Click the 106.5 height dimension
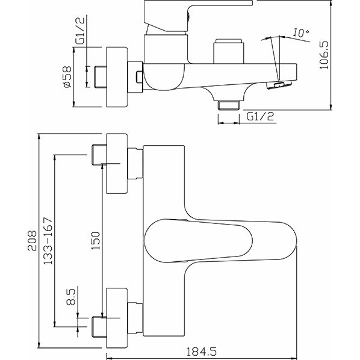tap(324, 55)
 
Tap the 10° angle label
tap(301, 33)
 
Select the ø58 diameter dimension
tap(67, 77)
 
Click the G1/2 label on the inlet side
tap(80, 30)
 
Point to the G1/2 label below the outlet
tap(260, 117)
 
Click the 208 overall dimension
tap(32, 241)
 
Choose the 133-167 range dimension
tap(48, 241)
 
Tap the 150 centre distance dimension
tap(96, 241)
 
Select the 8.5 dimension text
tap(71, 297)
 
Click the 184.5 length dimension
tap(201, 352)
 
